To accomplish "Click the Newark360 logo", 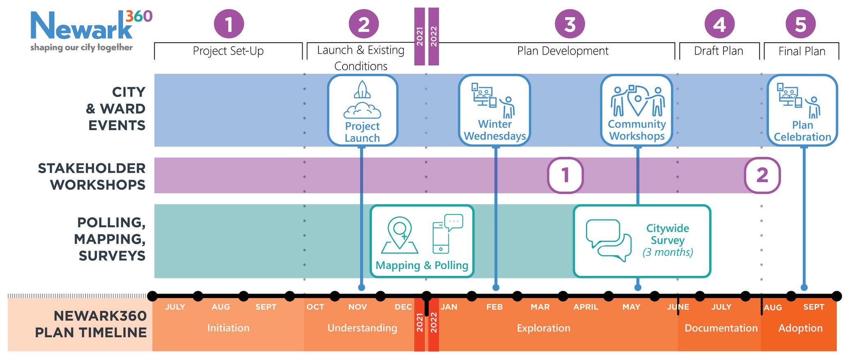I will [90, 31].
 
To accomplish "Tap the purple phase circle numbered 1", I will [229, 24].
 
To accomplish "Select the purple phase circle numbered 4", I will [719, 24].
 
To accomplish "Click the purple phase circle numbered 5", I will [800, 24].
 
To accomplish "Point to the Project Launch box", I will [363, 110].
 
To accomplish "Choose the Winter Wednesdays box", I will [494, 110].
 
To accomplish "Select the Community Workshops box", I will [636, 110].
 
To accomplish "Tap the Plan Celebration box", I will [802, 110].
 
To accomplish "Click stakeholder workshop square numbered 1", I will [565, 175].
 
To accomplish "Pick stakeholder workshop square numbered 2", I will [762, 175].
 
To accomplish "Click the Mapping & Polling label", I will [422, 266].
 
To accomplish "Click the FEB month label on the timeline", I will [494, 307].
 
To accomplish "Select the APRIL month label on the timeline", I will [586, 307].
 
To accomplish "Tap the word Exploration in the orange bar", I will [543, 328].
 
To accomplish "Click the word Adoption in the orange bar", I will [800, 328].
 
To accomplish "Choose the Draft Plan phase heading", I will [719, 51].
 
